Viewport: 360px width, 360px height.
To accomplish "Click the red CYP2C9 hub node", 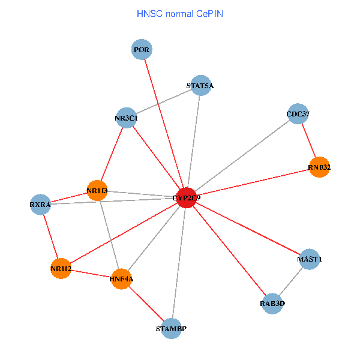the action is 187,197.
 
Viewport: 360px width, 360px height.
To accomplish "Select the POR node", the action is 142,49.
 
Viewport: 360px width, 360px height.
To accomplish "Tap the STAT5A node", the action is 201,85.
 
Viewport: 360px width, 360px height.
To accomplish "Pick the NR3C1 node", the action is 127,118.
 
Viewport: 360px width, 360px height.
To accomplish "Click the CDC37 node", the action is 298,114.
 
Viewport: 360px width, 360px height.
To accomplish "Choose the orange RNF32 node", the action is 319,167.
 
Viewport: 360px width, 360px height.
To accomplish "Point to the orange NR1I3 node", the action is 97,191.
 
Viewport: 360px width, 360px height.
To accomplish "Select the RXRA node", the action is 40,205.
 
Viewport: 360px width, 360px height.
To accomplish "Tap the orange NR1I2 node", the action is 61,268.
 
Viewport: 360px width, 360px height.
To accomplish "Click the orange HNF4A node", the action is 121,279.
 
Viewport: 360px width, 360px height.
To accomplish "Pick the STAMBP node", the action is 171,329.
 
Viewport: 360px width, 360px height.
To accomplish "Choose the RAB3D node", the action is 272,304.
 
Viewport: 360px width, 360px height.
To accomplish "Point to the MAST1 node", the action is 310,259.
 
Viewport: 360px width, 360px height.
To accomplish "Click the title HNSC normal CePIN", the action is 180,14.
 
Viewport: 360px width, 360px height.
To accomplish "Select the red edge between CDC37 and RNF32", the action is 309,140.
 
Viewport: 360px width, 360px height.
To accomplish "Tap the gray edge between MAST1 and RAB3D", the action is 291,281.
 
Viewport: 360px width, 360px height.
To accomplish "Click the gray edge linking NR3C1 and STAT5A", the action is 164,102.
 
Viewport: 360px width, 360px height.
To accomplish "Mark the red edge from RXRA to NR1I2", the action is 50,236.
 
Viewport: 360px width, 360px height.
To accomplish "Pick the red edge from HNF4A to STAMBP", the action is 146,304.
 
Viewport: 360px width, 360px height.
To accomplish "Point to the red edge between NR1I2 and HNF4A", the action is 91,274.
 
